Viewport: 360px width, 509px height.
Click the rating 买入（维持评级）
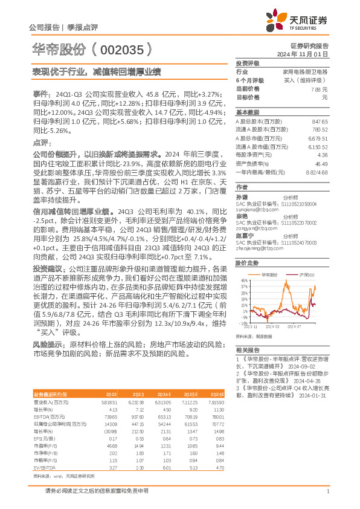click(x=309, y=80)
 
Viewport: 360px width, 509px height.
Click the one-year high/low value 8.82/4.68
click(x=317, y=172)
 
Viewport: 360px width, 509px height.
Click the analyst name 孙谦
click(x=242, y=197)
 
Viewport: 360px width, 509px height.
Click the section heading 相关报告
click(x=248, y=350)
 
